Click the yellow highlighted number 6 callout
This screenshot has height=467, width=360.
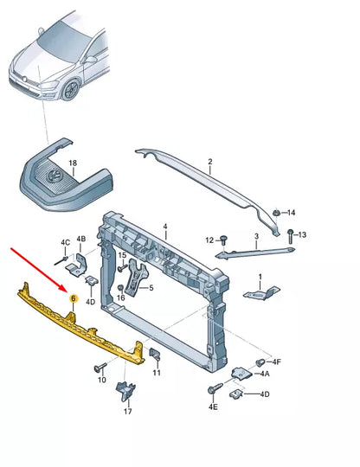click(x=74, y=298)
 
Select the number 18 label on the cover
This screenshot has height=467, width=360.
click(x=73, y=163)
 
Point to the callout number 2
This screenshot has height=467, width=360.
click(x=209, y=162)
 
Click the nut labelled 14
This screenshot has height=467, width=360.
click(x=275, y=213)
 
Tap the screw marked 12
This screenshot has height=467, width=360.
click(x=223, y=240)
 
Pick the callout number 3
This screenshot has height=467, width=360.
click(x=255, y=235)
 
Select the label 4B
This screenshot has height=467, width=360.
click(x=81, y=239)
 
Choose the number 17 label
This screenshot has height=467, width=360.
click(x=127, y=412)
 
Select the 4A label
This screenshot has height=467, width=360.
click(x=265, y=374)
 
